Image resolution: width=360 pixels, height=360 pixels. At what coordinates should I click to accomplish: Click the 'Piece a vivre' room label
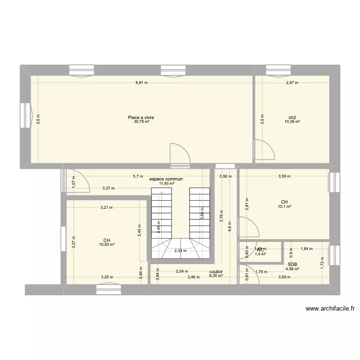coord(141,118)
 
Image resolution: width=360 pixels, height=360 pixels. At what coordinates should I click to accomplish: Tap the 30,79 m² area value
coord(141,122)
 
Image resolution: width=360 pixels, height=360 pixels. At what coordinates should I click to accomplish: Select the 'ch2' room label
coord(292,118)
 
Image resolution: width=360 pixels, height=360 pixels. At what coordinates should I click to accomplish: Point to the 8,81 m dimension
coord(141,83)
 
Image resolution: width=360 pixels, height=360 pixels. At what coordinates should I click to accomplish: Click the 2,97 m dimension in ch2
coord(292,83)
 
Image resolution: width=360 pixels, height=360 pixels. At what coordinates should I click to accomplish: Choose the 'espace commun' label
coord(166,179)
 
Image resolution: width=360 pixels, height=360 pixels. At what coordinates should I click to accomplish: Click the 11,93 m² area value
coord(167,183)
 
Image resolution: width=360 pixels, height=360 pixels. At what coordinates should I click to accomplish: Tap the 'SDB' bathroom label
coord(292,264)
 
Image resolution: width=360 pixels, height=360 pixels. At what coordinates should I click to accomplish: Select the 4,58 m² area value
coord(292,269)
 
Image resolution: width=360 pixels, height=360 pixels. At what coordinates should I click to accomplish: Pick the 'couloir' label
coord(216,271)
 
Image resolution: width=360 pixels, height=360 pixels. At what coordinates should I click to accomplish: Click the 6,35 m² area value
coord(216,276)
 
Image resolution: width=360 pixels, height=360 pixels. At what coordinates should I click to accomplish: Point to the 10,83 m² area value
coord(106,245)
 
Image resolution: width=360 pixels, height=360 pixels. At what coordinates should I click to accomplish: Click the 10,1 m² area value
coord(285,206)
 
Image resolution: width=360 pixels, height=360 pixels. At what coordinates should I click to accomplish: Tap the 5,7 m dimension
coord(138,176)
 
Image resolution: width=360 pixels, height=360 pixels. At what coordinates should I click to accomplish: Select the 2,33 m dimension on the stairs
coord(180,251)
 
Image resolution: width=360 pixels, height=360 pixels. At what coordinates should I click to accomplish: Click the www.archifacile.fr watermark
coord(330,309)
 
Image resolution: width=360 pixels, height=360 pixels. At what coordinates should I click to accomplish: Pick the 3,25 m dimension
coord(107,277)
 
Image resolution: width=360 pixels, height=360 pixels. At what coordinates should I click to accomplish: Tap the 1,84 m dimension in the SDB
coord(306,249)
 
